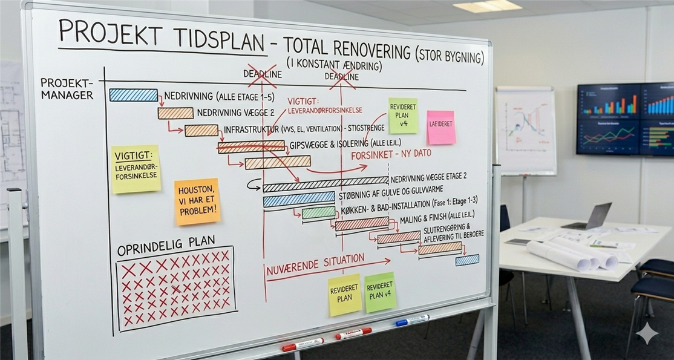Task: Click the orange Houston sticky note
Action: coord(197,201)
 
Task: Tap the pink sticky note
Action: coord(440,127)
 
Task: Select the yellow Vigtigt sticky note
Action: coord(136,169)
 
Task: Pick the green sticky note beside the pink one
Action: coord(403,116)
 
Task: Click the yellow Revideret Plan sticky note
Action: coord(344,295)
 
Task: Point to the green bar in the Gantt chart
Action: coord(318,212)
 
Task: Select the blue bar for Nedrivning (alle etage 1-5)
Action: coord(133,95)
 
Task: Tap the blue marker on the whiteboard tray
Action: coord(412,320)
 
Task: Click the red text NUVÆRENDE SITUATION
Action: coord(315,264)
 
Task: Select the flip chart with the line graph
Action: coord(525,130)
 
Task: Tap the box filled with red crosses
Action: coord(175,288)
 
